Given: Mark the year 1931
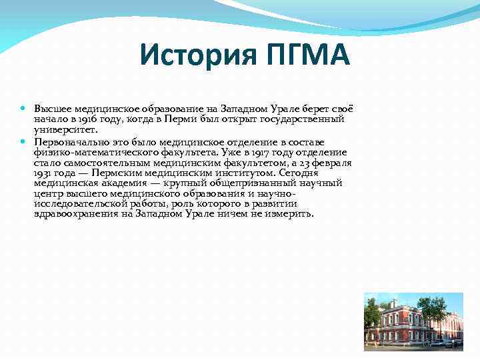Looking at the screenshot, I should (x=43, y=173).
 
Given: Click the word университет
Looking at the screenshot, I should (x=60, y=130).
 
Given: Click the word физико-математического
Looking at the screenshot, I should (x=89, y=153).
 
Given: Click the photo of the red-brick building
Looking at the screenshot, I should (x=413, y=320).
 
